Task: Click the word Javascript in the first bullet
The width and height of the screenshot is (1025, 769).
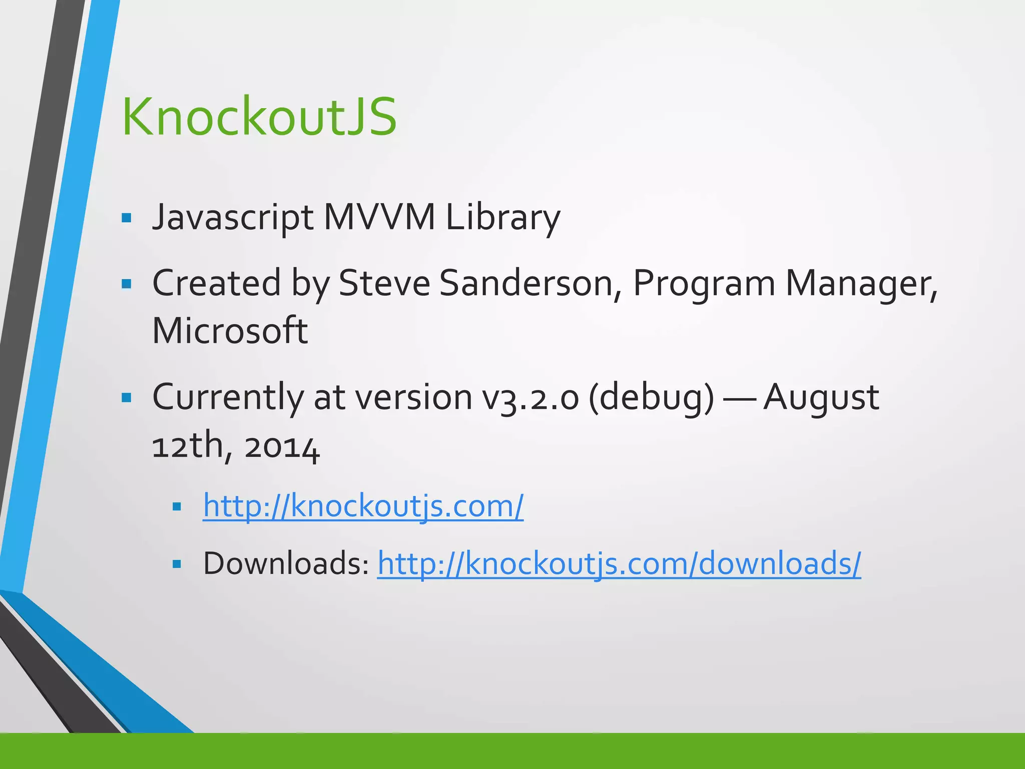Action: click(x=233, y=218)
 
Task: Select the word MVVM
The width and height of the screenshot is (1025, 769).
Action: click(x=379, y=218)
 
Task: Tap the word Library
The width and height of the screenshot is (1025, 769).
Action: click(x=502, y=218)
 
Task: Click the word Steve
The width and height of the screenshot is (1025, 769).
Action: click(x=384, y=283)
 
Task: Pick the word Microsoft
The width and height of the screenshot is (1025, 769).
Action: click(x=230, y=331)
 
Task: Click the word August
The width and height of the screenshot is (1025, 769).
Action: click(x=821, y=398)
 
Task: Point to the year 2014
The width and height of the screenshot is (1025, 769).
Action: click(x=282, y=447)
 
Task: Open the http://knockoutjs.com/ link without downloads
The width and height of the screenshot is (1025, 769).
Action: click(x=363, y=506)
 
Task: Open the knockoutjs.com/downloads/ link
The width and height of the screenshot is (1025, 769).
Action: click(x=619, y=563)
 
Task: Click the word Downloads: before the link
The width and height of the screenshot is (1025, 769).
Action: click(x=286, y=563)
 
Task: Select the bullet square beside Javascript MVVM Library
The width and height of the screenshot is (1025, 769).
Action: click(x=126, y=218)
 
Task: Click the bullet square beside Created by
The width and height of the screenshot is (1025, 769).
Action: click(x=126, y=284)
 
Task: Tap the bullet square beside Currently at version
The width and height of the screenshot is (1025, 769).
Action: click(x=126, y=398)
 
